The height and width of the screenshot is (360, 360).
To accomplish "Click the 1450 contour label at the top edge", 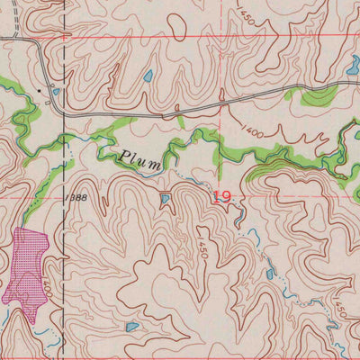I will click(246, 13).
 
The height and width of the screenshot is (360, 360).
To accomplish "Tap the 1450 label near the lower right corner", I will click(339, 309).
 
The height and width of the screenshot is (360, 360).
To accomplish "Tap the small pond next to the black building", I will click(56, 91).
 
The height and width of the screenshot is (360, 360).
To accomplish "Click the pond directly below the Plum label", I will click(165, 198).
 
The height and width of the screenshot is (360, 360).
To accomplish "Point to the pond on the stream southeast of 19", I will click(269, 274).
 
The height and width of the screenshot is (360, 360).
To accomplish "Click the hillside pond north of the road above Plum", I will click(148, 76).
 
